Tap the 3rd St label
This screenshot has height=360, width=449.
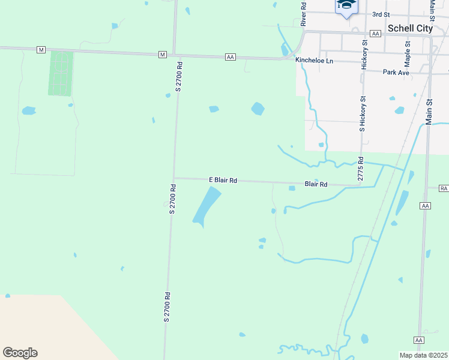[x=381, y=14]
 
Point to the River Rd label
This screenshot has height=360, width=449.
[x=304, y=13]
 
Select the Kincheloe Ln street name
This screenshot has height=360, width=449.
[x=314, y=61]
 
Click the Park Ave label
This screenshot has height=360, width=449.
[x=396, y=73]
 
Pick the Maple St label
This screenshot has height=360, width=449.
[x=408, y=53]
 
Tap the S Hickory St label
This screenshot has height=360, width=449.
[x=362, y=113]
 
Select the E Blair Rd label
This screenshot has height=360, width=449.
[x=223, y=179]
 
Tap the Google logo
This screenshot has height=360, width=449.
[x=20, y=353]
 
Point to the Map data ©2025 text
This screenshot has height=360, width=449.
[x=423, y=355]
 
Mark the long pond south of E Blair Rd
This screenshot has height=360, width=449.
[x=206, y=205]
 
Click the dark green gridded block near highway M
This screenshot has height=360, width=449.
[x=61, y=73]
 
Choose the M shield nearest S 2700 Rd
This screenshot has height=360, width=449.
[x=163, y=55]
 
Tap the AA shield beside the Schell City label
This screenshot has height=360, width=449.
[x=376, y=34]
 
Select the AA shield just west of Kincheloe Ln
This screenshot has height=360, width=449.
[x=231, y=57]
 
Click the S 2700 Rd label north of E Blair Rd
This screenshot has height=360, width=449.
[x=178, y=77]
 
